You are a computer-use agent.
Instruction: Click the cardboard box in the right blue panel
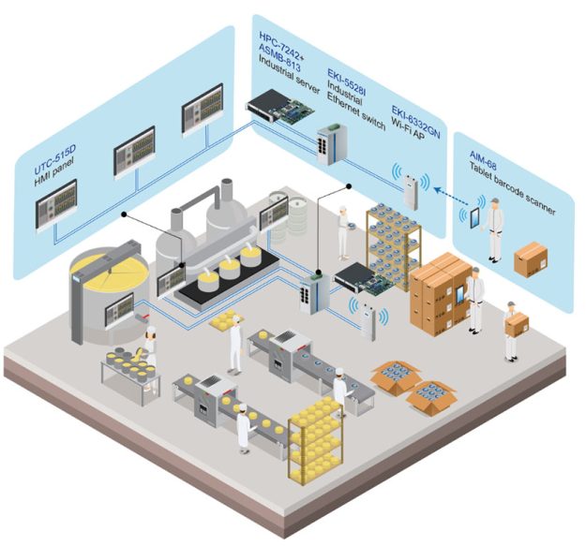tap(531, 258)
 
